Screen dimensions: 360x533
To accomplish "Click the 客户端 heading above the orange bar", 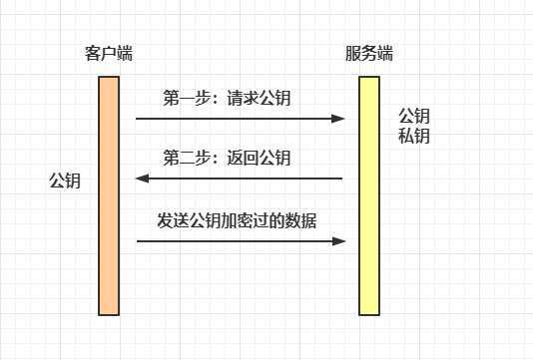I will click(x=110, y=54).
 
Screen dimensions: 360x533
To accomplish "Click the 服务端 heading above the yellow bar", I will click(x=368, y=54).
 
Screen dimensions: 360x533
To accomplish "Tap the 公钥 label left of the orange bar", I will click(x=65, y=181).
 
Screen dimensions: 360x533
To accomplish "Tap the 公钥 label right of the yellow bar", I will click(x=414, y=115).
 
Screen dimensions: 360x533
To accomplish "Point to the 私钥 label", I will click(x=414, y=136).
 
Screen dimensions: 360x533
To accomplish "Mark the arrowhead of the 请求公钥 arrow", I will click(x=339, y=119).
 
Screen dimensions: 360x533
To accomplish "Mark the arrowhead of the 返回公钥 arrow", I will click(x=142, y=180).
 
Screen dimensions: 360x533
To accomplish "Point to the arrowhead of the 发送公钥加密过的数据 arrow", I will click(x=339, y=240).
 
